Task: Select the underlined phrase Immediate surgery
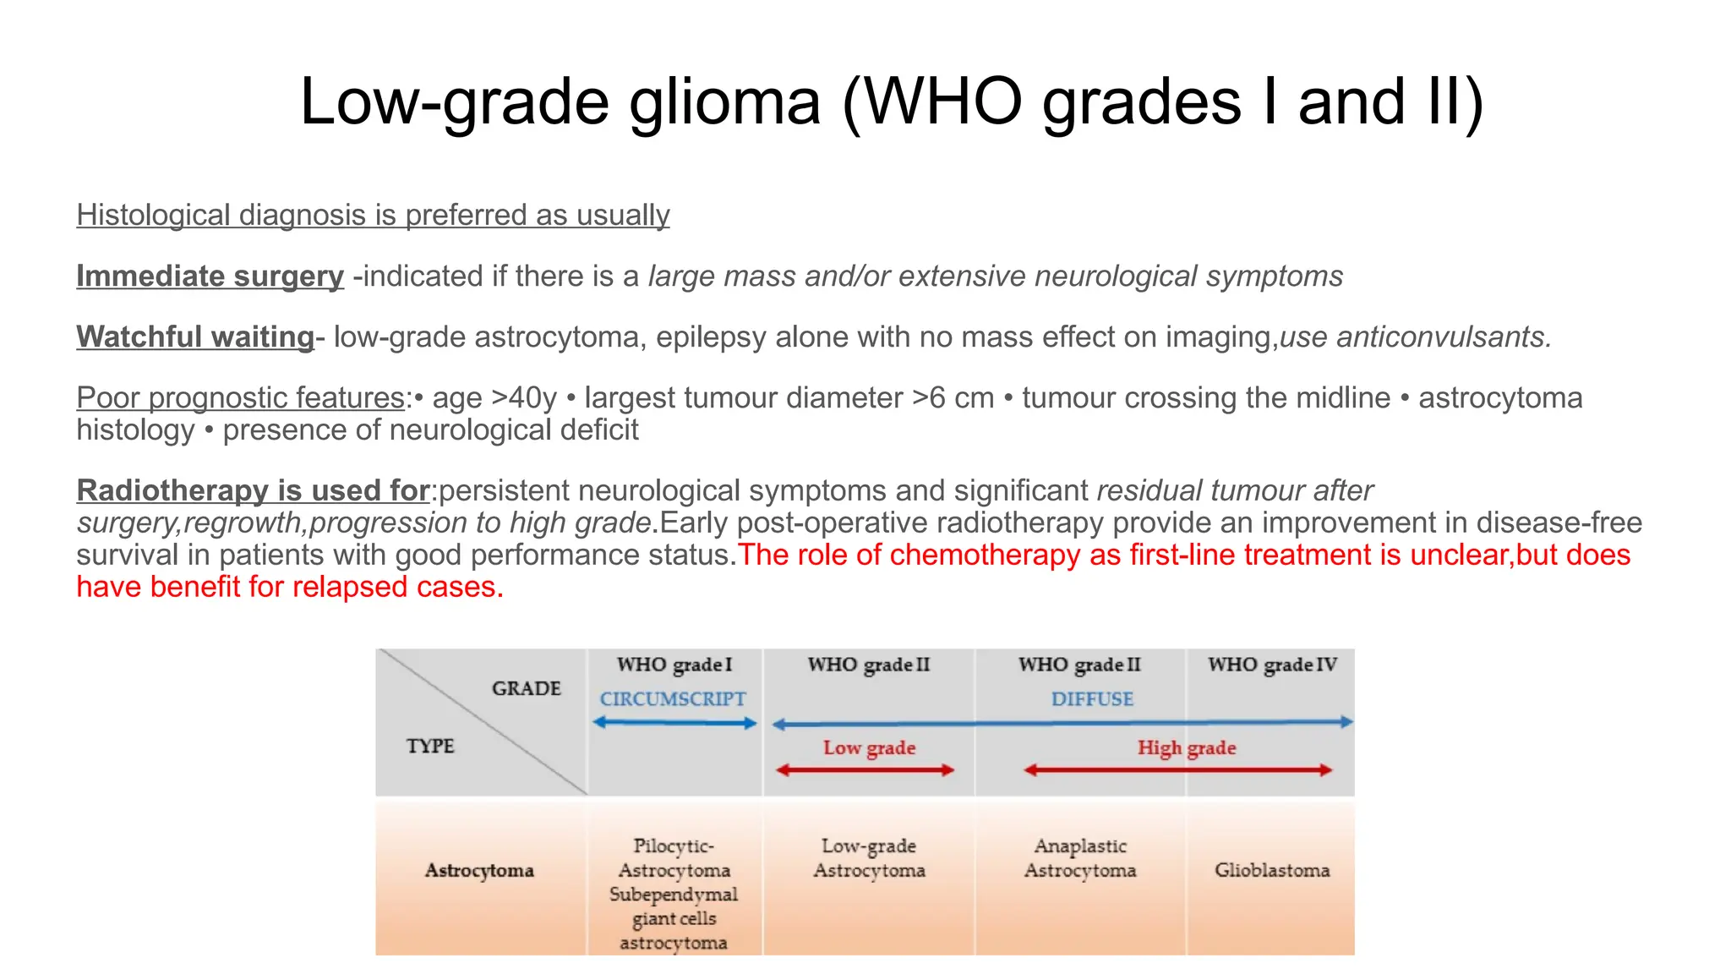click(x=210, y=276)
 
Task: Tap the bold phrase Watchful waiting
click(x=195, y=337)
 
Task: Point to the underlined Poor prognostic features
click(x=240, y=398)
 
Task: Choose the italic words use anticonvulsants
click(x=1415, y=337)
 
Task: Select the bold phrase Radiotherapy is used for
click(x=253, y=491)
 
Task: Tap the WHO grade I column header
click(x=674, y=665)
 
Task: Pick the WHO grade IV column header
click(x=1272, y=665)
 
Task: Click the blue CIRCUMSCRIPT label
click(x=673, y=699)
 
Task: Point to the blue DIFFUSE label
click(x=1092, y=699)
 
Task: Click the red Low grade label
click(x=869, y=748)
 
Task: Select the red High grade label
click(x=1186, y=748)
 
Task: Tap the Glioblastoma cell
click(x=1272, y=870)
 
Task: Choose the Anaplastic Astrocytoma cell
click(x=1080, y=858)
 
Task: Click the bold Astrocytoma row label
click(x=479, y=871)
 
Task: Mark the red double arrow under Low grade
click(x=865, y=770)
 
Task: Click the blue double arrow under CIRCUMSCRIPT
click(x=674, y=723)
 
